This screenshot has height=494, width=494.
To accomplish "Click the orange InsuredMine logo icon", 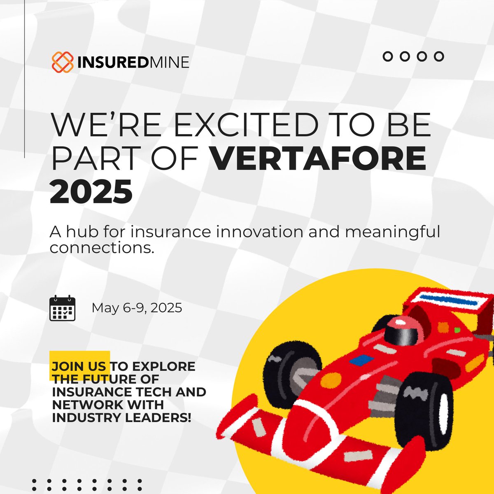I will [62, 62].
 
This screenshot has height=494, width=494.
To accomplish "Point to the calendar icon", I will [63, 308].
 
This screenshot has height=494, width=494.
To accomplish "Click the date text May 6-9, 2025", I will [137, 308].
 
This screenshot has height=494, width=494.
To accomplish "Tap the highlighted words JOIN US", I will [80, 366].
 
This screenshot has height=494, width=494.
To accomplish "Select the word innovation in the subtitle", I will [256, 232].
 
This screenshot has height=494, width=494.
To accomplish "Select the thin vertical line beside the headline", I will [25, 82].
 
